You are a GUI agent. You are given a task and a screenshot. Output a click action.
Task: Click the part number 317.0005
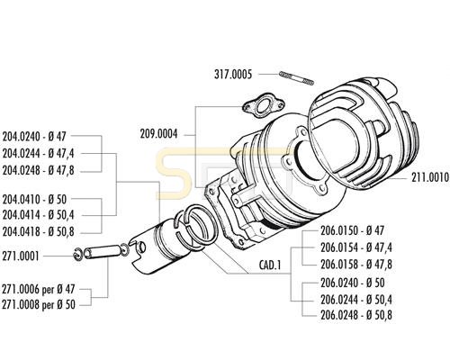(233, 74)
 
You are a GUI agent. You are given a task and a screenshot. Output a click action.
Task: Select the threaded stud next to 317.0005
(296, 78)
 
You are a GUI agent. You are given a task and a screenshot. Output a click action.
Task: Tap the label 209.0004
(158, 134)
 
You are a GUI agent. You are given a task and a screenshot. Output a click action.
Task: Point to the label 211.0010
(430, 177)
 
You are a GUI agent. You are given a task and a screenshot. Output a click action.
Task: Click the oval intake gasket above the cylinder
(263, 109)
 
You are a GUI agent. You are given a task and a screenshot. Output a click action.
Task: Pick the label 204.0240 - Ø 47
(34, 137)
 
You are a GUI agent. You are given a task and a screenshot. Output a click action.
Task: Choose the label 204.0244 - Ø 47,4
(38, 154)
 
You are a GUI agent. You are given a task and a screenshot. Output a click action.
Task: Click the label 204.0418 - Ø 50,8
(38, 232)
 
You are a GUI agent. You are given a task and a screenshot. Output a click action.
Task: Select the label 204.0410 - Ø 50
(34, 199)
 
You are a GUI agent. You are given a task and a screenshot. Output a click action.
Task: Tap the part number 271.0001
(21, 256)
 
